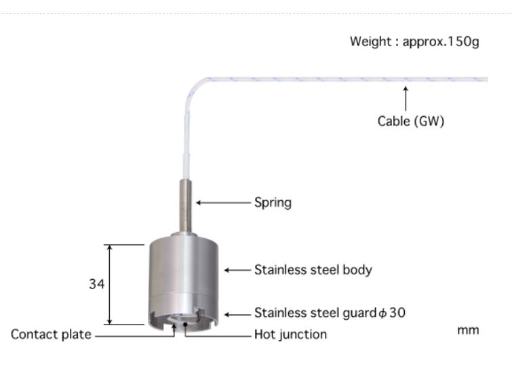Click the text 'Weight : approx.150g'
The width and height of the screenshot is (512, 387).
(414, 41)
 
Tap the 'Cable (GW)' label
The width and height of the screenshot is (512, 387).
(410, 122)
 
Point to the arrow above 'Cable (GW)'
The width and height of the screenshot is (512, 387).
(406, 98)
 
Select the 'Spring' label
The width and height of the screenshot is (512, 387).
(273, 202)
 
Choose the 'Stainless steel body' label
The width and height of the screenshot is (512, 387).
(313, 270)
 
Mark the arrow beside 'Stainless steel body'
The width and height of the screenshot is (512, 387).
(237, 270)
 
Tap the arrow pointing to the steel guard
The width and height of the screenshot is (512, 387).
(237, 314)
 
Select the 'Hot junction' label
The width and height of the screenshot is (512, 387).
(290, 334)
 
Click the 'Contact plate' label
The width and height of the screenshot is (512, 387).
(51, 334)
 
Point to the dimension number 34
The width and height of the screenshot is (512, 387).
(96, 285)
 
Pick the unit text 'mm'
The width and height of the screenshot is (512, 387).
(468, 330)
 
